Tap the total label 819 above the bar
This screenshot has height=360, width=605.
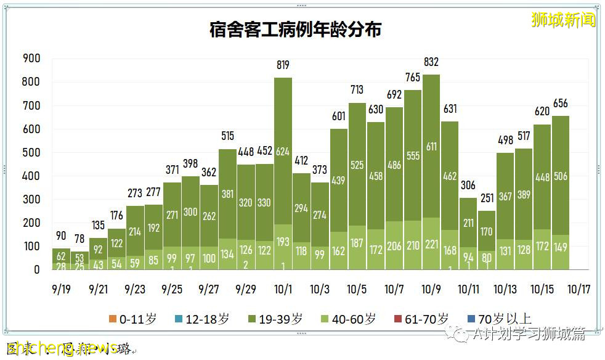[x=283, y=65]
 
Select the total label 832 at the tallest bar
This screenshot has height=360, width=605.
[x=431, y=62]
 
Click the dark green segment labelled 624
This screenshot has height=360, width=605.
[x=283, y=151]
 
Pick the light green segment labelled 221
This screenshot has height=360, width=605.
[x=431, y=245]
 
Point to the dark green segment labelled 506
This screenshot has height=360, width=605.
[x=561, y=176]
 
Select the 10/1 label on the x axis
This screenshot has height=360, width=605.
[x=283, y=289]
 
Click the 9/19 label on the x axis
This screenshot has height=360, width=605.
[x=61, y=289]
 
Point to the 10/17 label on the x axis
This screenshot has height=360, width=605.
[x=579, y=289]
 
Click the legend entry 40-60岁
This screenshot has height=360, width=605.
[x=347, y=319]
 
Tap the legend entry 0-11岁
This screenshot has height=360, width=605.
[x=132, y=319]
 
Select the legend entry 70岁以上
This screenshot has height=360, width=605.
[x=499, y=319]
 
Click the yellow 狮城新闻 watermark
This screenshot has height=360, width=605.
[x=564, y=20]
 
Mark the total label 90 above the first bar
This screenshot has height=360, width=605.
[x=61, y=236]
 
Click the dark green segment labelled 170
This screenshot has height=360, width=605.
[x=487, y=232]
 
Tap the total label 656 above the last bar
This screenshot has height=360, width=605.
[x=561, y=104]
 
